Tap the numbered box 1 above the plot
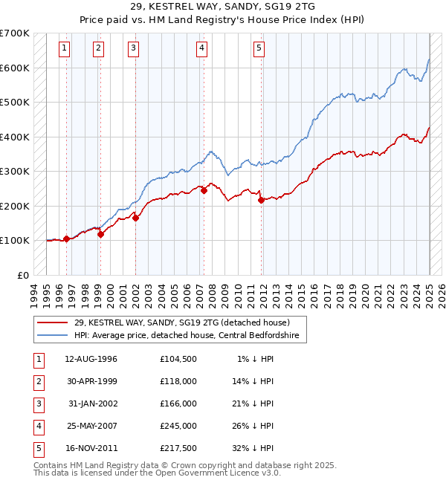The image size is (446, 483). [x=65, y=49]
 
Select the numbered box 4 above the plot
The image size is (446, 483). [x=201, y=49]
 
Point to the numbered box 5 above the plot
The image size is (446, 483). [x=259, y=49]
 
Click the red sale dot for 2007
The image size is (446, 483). [x=204, y=190]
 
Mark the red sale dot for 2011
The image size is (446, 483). [x=261, y=200]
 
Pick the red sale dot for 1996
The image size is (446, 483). [x=66, y=239]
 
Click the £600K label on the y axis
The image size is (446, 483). [x=15, y=68]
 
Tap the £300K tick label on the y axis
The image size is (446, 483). [x=15, y=171]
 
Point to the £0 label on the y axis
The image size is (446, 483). [x=24, y=275]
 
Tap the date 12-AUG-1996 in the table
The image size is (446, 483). [x=91, y=359]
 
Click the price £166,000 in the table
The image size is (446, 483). [x=178, y=403]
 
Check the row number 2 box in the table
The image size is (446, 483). [x=37, y=381]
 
